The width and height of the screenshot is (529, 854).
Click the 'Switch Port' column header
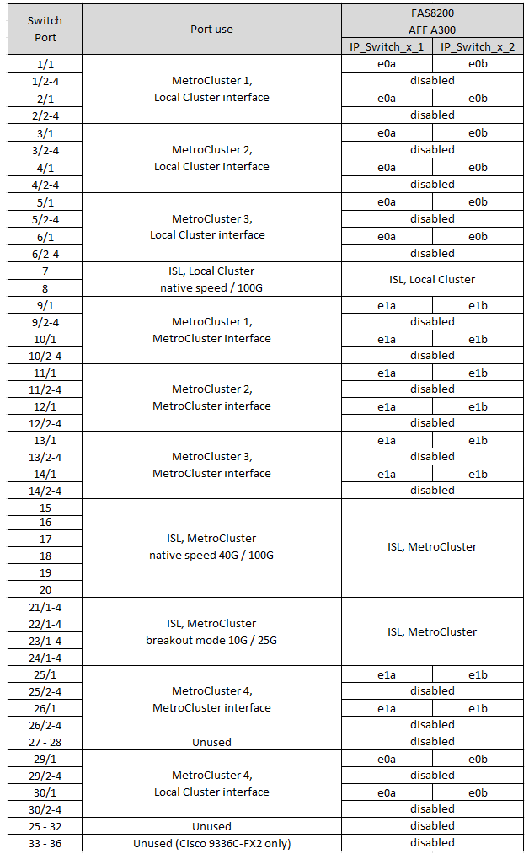[45, 30]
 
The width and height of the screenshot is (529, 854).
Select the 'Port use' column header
[211, 30]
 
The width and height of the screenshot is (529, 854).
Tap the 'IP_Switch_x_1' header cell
[387, 46]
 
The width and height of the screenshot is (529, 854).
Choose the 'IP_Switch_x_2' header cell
[478, 46]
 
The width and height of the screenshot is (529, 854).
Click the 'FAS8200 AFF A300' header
[432, 20]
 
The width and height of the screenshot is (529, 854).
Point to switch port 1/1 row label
[45, 64]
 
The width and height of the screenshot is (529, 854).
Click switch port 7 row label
[45, 271]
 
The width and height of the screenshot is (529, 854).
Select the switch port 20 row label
[45, 589]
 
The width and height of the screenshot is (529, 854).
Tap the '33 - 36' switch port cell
[45, 843]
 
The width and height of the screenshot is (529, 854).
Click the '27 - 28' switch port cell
[45, 742]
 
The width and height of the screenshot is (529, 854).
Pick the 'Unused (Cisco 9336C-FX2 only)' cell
[211, 843]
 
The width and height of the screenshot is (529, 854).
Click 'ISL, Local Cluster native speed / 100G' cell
[211, 279]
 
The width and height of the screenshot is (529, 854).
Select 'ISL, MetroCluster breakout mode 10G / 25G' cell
[211, 631]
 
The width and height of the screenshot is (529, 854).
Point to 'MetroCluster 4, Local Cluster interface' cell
[211, 783]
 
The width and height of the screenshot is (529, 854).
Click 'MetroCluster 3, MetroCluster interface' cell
[211, 465]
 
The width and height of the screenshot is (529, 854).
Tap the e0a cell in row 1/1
[387, 64]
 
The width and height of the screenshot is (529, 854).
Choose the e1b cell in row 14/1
[478, 474]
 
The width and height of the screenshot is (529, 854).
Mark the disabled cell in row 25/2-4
[432, 690]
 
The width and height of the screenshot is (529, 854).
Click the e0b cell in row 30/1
[478, 792]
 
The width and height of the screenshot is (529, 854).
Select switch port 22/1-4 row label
[45, 624]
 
